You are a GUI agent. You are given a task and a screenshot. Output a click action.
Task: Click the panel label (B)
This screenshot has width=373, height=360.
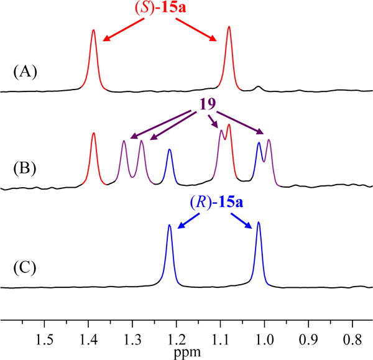point(25,168)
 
